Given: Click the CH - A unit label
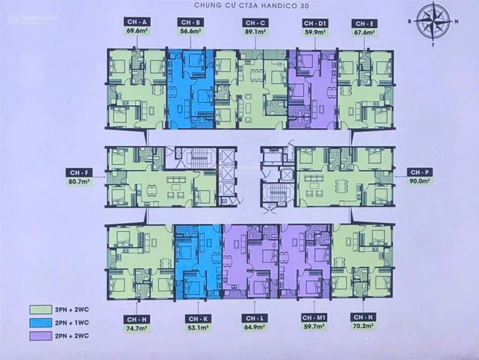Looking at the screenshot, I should pyautogui.click(x=136, y=22).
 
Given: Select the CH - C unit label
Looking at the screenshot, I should pyautogui.click(x=255, y=23).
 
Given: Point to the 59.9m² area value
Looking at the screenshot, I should pyautogui.click(x=314, y=32).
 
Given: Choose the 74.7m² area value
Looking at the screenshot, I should pyautogui.click(x=137, y=328).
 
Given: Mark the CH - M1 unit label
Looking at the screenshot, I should pyautogui.click(x=314, y=318).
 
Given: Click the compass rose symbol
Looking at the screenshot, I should pyautogui.click(x=433, y=21).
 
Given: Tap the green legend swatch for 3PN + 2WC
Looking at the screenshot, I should pyautogui.click(x=40, y=309).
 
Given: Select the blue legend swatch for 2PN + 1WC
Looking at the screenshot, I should pyautogui.click(x=40, y=323).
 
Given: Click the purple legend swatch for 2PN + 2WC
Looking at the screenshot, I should pyautogui.click(x=40, y=335).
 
